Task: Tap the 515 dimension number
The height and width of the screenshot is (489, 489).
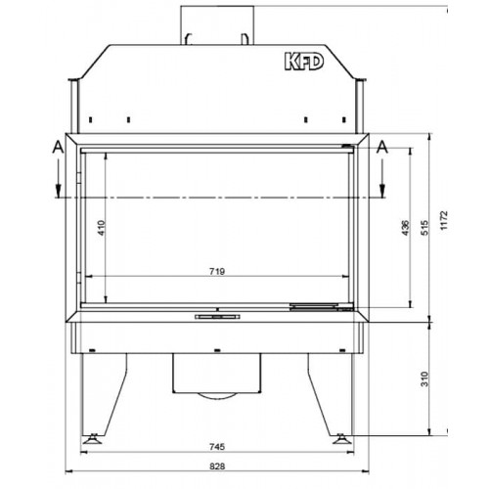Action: (x=423, y=225)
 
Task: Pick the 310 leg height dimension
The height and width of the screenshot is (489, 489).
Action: (x=422, y=378)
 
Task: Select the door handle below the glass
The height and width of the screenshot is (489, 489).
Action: (x=219, y=317)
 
